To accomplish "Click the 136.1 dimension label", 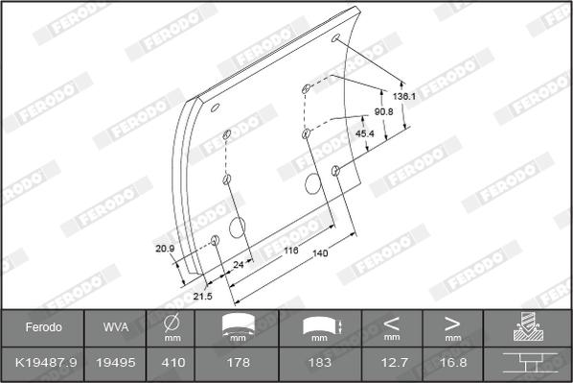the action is pos(403,96).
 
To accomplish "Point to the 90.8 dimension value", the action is pos(383,111).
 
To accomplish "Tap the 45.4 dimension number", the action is pos(365,133).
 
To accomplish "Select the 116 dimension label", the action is pos(291,251).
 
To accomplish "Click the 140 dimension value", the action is pos(320,253).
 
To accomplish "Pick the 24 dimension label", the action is pos(239,264).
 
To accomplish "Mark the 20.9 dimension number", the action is pos(165,249).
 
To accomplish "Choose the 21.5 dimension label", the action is pos(203,296).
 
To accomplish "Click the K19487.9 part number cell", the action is pos(46,363).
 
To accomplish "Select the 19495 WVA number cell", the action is pos(116,363).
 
